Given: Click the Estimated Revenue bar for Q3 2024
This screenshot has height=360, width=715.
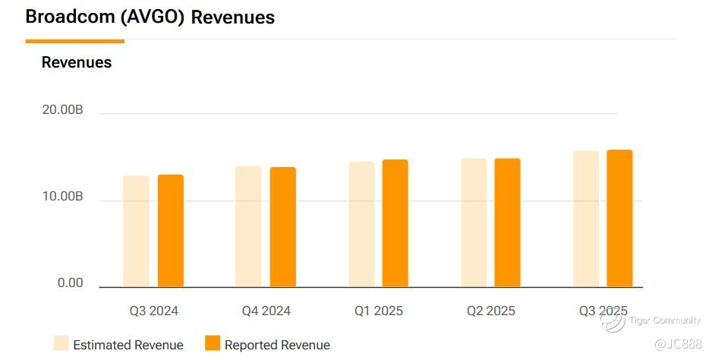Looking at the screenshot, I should (x=136, y=232).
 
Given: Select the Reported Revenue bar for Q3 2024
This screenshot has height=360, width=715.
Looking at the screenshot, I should (x=171, y=231).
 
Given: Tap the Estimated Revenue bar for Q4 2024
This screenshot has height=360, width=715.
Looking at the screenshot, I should (x=248, y=226).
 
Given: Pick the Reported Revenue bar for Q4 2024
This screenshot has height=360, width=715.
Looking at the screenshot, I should (x=283, y=227).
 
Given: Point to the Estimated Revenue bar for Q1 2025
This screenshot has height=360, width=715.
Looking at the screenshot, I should (x=361, y=224).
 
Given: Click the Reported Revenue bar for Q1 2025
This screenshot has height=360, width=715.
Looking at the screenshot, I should (x=395, y=223).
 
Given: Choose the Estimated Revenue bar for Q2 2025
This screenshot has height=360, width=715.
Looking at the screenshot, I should (x=474, y=223).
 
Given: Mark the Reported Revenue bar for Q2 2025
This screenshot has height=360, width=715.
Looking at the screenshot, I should (x=508, y=223).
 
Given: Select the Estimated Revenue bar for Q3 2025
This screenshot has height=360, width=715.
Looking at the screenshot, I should (x=586, y=219).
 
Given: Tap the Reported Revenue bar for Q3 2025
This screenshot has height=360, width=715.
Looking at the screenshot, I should (x=620, y=219).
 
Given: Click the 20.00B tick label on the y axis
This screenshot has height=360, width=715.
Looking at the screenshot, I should (x=62, y=111).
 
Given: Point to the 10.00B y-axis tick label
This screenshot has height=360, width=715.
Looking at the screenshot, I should (x=62, y=197).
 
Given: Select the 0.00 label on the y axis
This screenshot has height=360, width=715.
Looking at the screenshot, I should (x=71, y=283).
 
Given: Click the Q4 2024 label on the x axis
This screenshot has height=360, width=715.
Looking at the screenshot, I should (x=266, y=311).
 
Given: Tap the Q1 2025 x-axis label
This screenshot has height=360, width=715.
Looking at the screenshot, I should (x=379, y=311).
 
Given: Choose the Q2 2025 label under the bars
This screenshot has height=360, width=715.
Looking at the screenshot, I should (x=491, y=311).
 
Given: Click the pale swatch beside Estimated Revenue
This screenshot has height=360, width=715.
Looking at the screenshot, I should (x=61, y=343).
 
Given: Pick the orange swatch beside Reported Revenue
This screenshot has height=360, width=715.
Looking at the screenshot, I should (x=213, y=343).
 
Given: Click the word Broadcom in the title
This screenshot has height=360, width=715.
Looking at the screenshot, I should (x=71, y=17).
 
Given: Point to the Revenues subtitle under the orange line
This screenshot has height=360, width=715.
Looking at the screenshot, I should (x=77, y=62).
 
